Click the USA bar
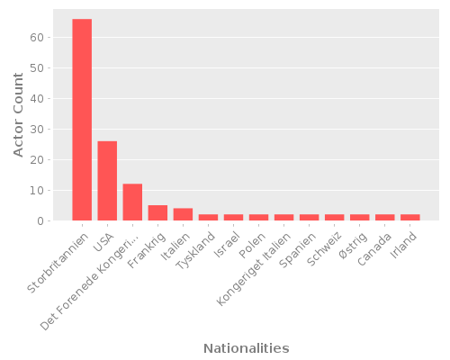point(107,181)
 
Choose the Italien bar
point(183,214)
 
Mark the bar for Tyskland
point(208,218)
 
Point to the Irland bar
point(409,218)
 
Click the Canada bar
point(384,218)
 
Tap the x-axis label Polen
point(252,243)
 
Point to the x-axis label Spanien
point(299,247)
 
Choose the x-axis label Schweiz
point(324,247)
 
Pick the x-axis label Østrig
point(352,244)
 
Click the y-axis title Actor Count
point(19,114)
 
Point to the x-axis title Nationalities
point(246,348)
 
